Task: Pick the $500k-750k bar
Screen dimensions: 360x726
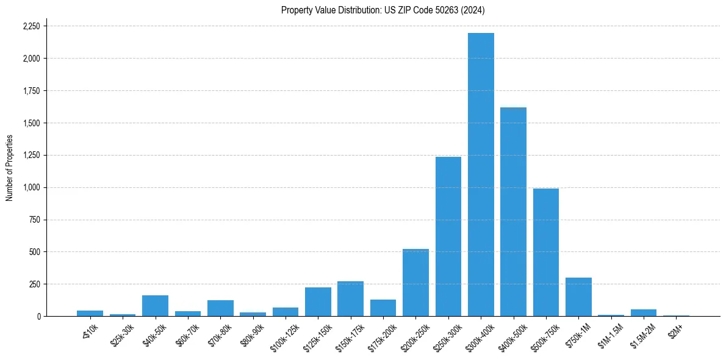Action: point(546,253)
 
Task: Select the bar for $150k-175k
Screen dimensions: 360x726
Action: point(350,299)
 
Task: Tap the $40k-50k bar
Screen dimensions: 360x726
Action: point(155,306)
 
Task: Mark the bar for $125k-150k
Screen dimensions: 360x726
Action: point(318,302)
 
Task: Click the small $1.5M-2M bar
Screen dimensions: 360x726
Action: point(644,313)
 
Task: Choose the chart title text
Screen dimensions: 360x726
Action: point(383,10)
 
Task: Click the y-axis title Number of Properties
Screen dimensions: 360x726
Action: point(9,168)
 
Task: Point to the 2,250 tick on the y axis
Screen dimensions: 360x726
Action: point(31,26)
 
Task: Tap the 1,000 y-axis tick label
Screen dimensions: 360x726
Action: point(31,187)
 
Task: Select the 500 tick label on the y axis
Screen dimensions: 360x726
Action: point(34,252)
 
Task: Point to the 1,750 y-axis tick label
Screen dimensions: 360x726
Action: point(31,91)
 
